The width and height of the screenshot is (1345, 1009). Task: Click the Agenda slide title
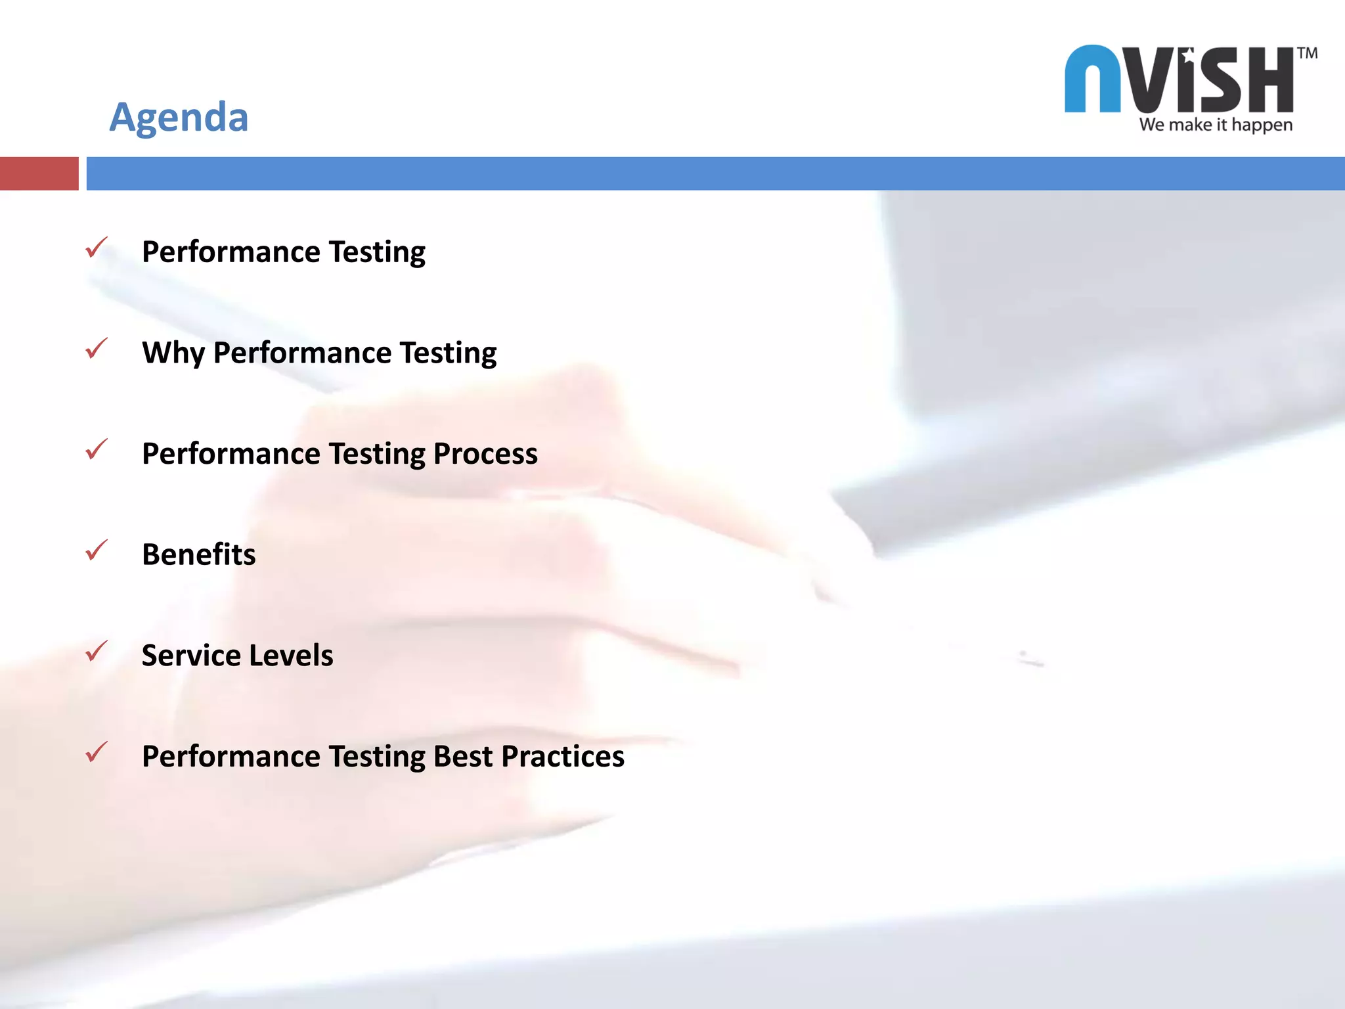coord(179,117)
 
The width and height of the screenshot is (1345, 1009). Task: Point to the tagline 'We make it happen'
coord(1216,125)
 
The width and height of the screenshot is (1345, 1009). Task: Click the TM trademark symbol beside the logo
coord(1307,53)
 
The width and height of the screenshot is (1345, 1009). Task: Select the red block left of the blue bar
coord(39,173)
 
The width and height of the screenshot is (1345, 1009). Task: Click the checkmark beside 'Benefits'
coord(97,550)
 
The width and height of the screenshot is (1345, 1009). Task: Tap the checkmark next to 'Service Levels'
coord(97,651)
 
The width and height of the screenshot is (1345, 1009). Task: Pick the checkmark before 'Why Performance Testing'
coord(97,348)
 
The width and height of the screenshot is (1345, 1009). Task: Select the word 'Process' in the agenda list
coord(485,454)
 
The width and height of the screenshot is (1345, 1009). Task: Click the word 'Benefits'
coord(199,554)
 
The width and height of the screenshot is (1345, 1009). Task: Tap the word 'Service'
coord(191,656)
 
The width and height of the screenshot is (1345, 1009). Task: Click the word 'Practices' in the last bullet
coord(563,756)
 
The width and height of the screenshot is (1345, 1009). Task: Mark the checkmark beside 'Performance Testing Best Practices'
coord(97,752)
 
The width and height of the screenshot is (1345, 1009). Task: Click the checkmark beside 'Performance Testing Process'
coord(97,449)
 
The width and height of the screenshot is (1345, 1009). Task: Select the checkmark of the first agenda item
coord(97,248)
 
